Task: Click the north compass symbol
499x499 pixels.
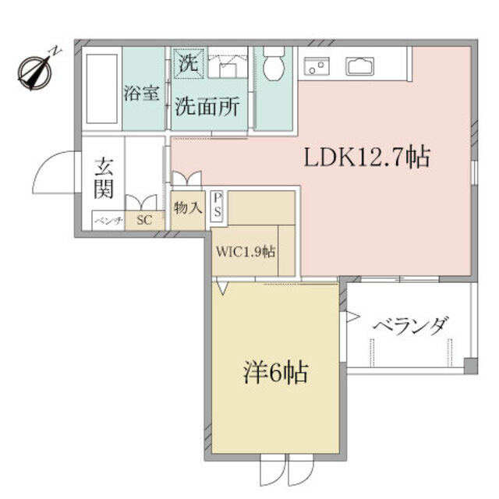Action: tap(35, 73)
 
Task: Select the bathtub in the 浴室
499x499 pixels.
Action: tap(102, 88)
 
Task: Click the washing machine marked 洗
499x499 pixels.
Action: tap(189, 63)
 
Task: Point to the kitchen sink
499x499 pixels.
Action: tap(360, 65)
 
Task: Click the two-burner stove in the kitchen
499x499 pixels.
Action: tap(317, 65)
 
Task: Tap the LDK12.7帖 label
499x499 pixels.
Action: tap(367, 157)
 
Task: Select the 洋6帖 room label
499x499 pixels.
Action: tap(275, 373)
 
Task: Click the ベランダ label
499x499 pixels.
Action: tap(412, 325)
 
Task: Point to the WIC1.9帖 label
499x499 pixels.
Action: tap(246, 252)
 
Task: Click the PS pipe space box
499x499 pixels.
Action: tap(218, 206)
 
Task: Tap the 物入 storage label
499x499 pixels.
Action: tap(188, 208)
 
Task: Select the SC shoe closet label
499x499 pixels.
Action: tap(144, 220)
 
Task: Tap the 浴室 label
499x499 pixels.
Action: tap(141, 93)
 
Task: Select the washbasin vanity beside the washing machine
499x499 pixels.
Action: tap(228, 62)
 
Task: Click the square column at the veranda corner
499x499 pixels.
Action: tap(470, 366)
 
